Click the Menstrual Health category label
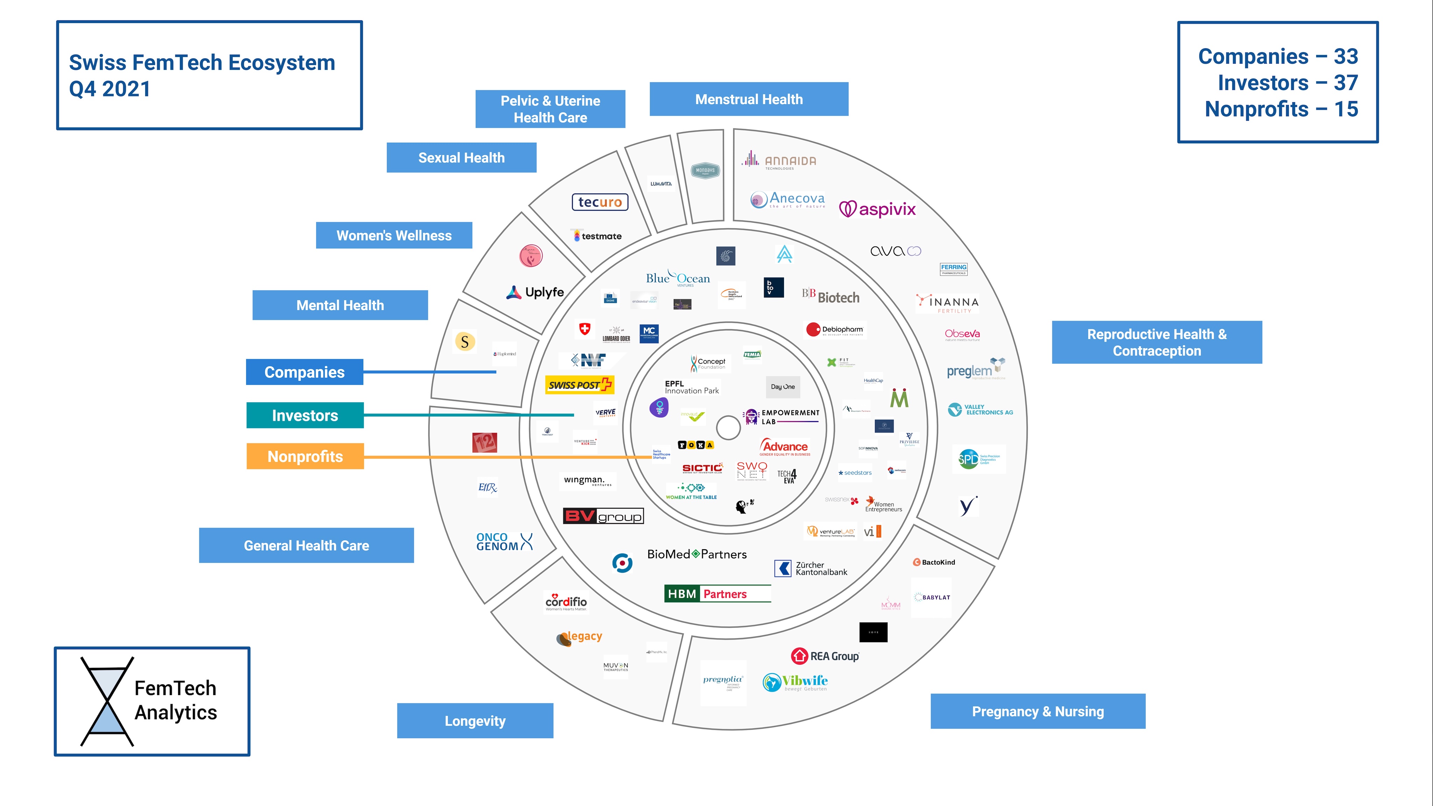point(749,100)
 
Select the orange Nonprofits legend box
point(305,456)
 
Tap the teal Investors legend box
point(305,416)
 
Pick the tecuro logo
point(600,202)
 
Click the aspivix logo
point(877,209)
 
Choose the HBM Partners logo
point(718,594)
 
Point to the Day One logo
point(783,387)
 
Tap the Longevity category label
point(475,721)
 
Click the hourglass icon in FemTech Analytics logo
point(107,701)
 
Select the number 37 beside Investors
point(1346,83)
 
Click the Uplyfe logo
point(535,292)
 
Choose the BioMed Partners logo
point(697,554)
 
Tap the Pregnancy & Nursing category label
point(1037,712)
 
